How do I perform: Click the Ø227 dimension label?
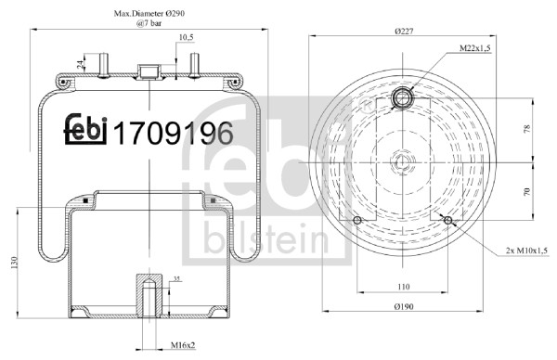click(x=404, y=32)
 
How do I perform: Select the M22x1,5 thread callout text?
click(x=475, y=48)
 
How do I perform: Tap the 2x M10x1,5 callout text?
click(x=527, y=251)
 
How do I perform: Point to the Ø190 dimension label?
click(x=404, y=306)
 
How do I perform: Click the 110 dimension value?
click(x=404, y=287)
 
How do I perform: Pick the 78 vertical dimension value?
click(x=526, y=128)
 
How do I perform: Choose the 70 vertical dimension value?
click(x=526, y=191)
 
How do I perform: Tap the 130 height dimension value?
click(x=14, y=263)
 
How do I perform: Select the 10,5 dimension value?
click(x=187, y=37)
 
